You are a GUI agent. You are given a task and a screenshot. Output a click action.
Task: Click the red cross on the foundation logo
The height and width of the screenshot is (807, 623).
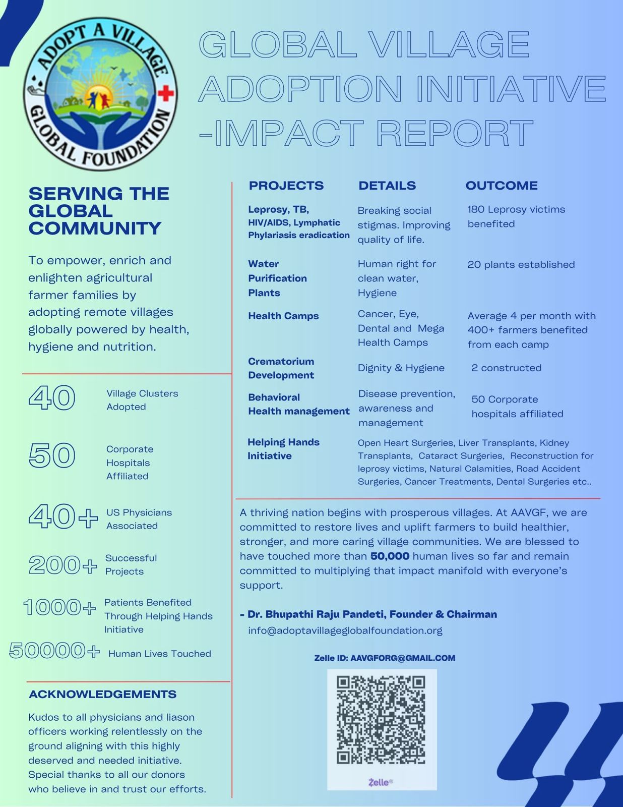(166, 93)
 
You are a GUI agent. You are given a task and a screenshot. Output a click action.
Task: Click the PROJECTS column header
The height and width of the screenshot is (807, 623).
(286, 186)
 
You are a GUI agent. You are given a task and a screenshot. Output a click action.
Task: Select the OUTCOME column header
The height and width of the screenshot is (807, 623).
(502, 186)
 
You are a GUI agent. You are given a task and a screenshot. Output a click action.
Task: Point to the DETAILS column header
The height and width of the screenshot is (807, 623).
(387, 186)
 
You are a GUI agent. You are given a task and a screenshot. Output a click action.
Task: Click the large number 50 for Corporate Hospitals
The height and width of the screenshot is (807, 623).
(52, 455)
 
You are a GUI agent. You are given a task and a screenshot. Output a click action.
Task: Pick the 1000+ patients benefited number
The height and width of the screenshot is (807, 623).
(59, 607)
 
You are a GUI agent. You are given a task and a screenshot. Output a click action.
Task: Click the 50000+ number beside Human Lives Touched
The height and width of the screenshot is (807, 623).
(54, 651)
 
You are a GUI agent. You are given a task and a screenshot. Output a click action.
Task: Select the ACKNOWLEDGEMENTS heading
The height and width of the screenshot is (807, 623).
(103, 695)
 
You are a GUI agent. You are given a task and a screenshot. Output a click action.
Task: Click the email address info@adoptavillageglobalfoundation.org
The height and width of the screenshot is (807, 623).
(345, 630)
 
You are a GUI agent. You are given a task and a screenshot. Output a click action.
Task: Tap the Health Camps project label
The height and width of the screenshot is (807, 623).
(283, 316)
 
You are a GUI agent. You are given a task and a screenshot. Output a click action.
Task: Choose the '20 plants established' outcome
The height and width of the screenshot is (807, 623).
(521, 265)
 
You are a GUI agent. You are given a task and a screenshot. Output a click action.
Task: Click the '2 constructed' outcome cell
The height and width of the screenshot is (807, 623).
(506, 368)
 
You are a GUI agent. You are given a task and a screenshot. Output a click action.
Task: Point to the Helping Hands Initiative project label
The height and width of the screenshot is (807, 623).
(283, 449)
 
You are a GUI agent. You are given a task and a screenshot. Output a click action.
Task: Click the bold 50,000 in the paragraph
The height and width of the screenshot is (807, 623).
(390, 556)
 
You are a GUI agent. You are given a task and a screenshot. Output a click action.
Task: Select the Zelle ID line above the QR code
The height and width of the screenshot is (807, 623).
(385, 658)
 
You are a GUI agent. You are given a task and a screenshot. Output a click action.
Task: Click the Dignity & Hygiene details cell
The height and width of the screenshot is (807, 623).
(401, 368)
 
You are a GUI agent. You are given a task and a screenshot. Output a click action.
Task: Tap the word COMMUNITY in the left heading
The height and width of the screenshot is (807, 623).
(95, 228)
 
